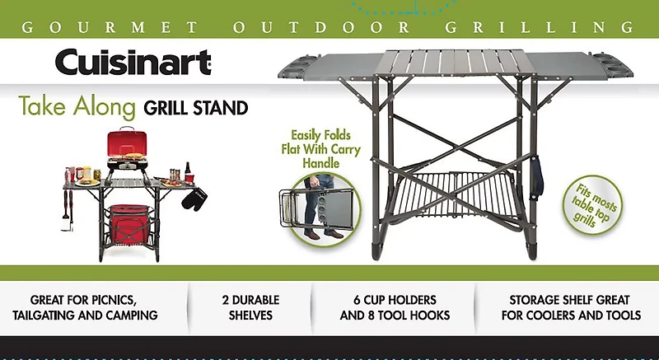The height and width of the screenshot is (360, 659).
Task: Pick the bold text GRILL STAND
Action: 195,107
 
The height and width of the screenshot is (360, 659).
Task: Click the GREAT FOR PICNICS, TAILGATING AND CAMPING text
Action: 93,306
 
